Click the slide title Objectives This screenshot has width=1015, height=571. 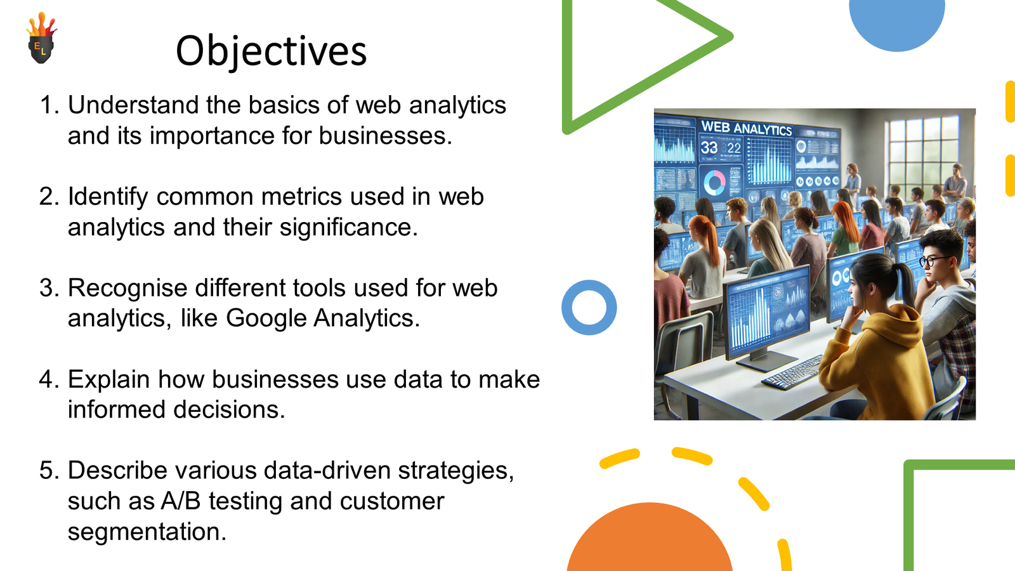[271, 51]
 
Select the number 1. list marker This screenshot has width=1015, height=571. [49, 105]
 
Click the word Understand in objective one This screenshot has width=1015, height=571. [133, 105]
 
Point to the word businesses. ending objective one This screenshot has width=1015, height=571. [386, 135]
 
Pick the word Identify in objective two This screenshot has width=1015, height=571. [108, 197]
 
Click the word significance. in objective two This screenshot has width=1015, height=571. [348, 226]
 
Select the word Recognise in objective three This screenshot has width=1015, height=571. [128, 288]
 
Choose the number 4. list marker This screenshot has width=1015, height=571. [49, 379]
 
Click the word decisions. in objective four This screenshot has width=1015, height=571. [229, 409]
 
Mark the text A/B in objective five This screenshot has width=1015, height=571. [180, 501]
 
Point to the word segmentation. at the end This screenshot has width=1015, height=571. [147, 531]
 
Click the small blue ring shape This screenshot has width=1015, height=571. [589, 285]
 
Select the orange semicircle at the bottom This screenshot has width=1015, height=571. [650, 537]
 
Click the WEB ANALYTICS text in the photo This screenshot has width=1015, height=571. [746, 128]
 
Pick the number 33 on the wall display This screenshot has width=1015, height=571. [709, 147]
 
